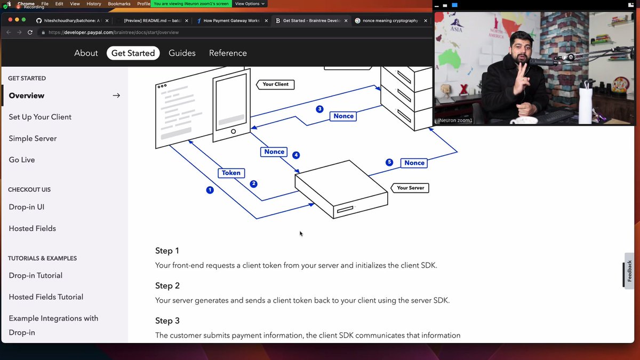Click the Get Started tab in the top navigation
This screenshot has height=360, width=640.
pos(133,53)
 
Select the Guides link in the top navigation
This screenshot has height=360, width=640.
pos(182,53)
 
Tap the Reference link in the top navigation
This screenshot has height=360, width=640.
pos(228,53)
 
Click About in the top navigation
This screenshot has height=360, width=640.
pos(86,53)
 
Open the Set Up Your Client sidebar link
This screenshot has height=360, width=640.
pos(40,117)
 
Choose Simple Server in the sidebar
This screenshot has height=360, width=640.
pos(33,138)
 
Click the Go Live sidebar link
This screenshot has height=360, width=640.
pos(22,159)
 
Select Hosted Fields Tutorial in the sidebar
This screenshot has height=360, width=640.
pos(46,297)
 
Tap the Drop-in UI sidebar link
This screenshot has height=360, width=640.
pos(27,207)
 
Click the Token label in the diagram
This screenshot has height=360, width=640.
pos(231,173)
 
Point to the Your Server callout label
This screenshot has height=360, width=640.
pos(410,188)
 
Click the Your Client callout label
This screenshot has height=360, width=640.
pos(275,84)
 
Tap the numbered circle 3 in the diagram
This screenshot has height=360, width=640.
pos(319,109)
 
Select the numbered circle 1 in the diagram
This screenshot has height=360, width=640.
pos(210,190)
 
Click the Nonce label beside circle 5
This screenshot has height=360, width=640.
pos(414,163)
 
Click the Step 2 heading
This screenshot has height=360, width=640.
pos(167,286)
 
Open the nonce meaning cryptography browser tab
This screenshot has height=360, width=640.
pos(390,21)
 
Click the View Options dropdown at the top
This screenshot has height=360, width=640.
pos(250,4)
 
